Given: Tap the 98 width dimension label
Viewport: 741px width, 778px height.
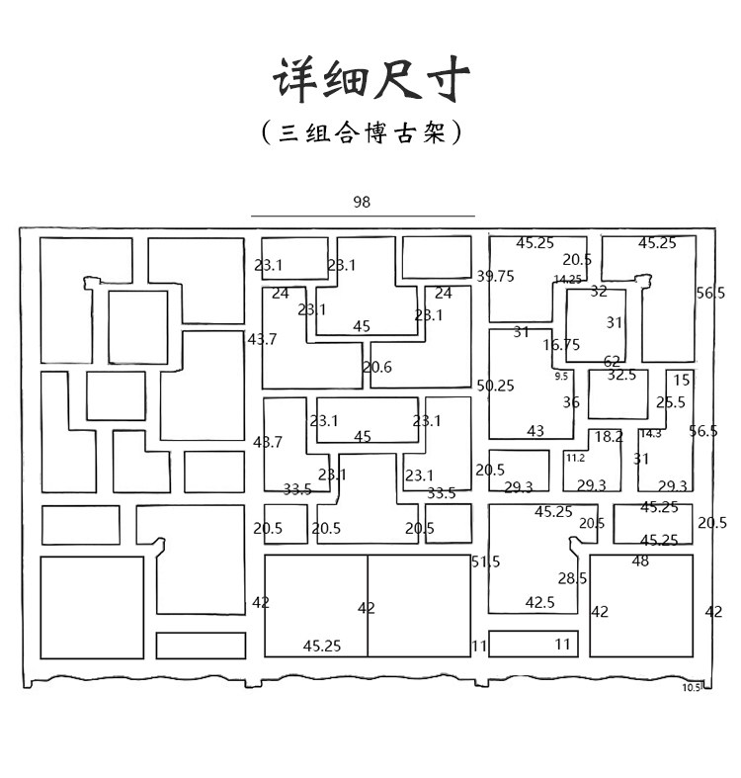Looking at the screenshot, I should click(362, 202).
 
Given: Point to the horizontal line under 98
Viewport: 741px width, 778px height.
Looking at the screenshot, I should click(363, 216).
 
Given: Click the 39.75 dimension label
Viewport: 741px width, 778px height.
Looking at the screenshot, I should click(495, 277).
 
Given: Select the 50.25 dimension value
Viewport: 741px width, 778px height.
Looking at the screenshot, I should click(495, 386).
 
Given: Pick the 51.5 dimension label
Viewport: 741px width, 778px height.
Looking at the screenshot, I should click(485, 562).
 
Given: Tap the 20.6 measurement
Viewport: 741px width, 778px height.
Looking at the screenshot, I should click(376, 367).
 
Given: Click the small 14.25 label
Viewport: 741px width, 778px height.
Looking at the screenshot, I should click(567, 280).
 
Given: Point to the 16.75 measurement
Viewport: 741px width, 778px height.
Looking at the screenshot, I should click(561, 345).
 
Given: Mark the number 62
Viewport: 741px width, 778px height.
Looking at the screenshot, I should click(613, 362).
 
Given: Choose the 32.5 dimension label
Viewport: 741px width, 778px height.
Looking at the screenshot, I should click(621, 376).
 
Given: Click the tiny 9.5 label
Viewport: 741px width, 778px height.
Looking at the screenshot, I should click(561, 377).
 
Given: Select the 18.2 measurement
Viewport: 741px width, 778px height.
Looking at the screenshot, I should click(609, 436).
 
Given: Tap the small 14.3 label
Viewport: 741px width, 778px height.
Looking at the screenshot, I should click(650, 433).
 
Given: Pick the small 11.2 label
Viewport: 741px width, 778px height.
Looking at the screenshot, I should click(575, 458).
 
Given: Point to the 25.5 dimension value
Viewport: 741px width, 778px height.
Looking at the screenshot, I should click(670, 402).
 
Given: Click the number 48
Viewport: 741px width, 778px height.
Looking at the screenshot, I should click(640, 562).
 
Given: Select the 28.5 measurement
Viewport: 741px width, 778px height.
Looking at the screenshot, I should click(572, 578).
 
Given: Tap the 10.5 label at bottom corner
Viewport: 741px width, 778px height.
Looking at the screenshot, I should click(691, 688).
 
